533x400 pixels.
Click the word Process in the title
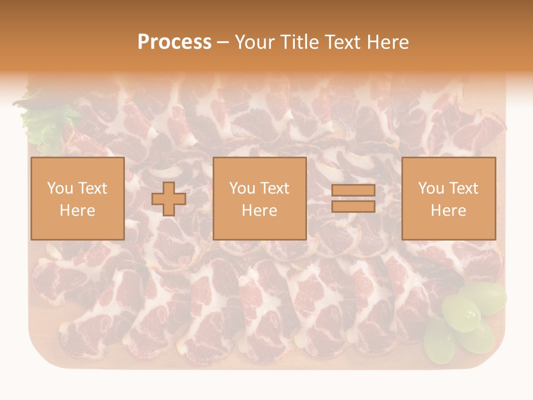[174, 42]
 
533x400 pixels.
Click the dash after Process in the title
[223, 43]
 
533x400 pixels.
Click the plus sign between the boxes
[169, 198]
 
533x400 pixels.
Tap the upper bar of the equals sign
[353, 191]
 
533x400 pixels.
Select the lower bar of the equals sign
[353, 206]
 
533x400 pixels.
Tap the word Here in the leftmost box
[77, 211]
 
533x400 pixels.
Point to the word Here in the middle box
[259, 211]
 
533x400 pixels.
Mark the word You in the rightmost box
[431, 188]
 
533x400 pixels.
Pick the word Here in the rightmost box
[448, 211]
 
